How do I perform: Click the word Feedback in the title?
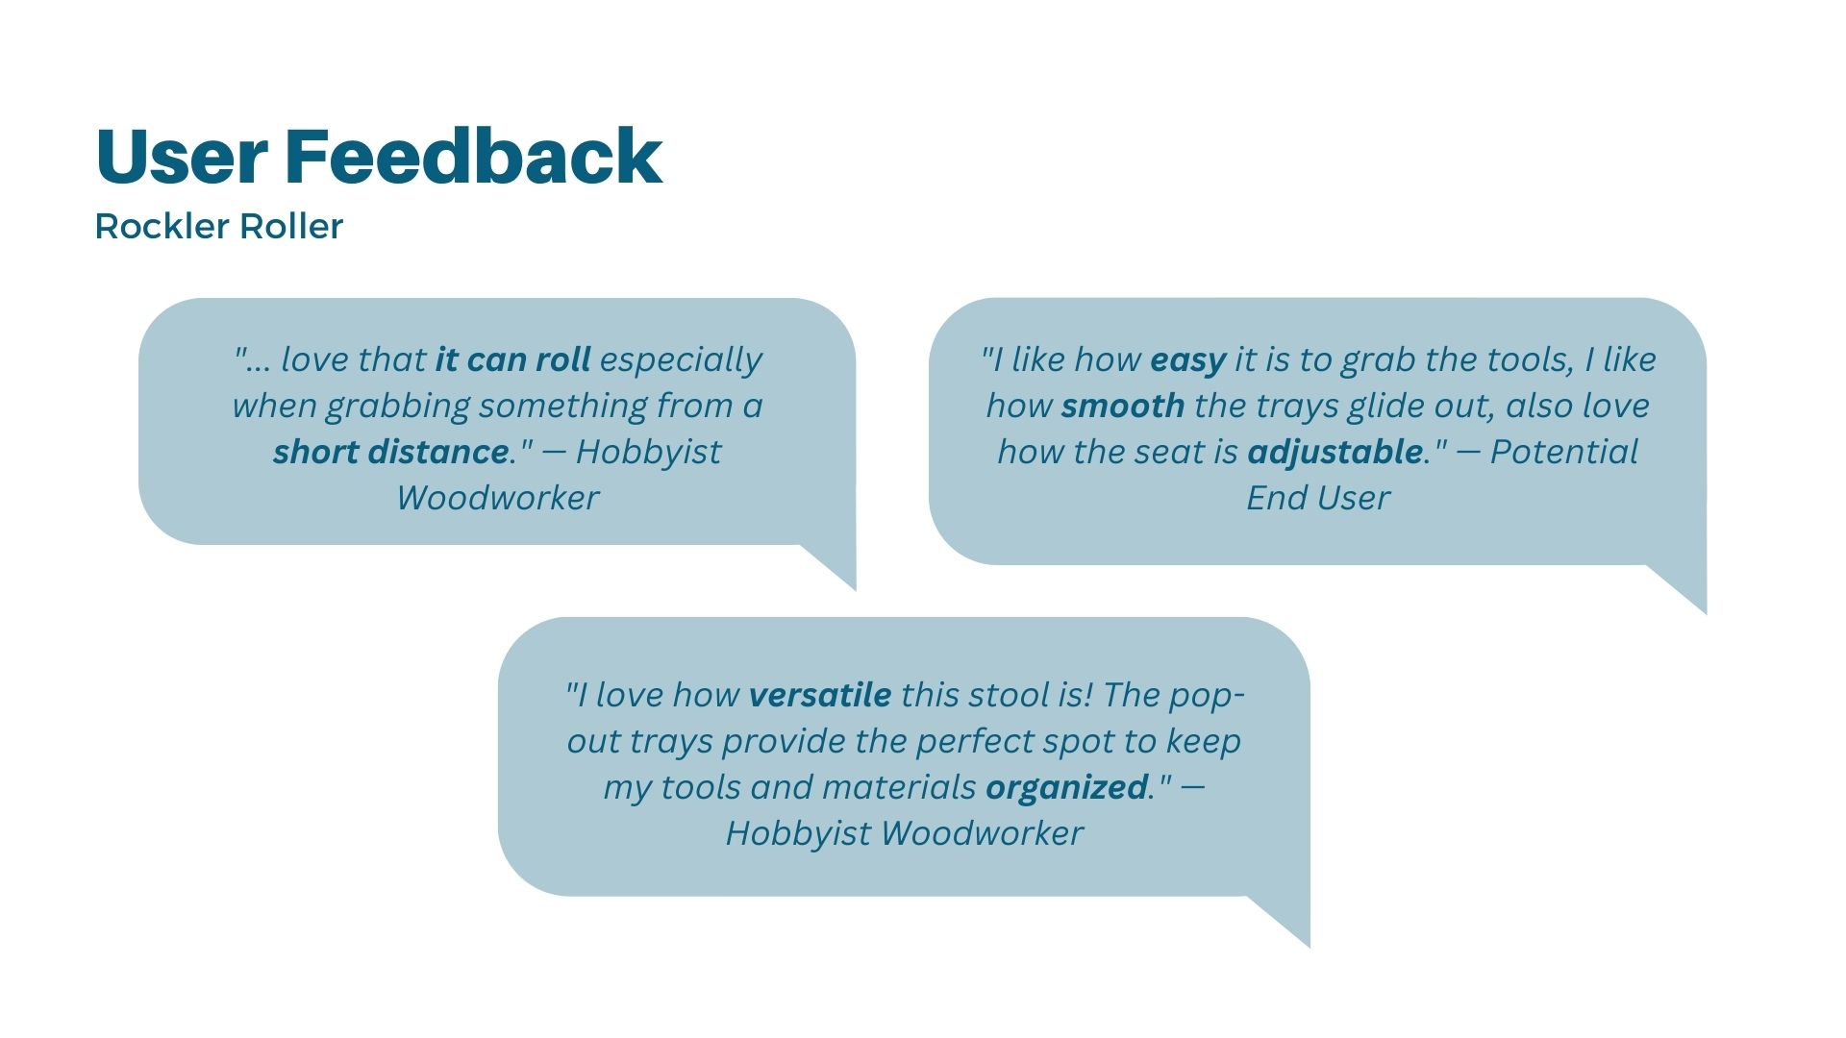(x=473, y=156)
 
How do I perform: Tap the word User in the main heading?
(x=182, y=156)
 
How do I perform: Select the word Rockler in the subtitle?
(x=162, y=227)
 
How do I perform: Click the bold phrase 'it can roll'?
(x=512, y=359)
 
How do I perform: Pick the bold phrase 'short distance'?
(x=390, y=452)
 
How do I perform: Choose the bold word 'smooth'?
(x=1123, y=406)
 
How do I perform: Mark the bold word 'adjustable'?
(x=1335, y=453)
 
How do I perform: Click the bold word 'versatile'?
(x=820, y=695)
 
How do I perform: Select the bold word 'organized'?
(x=1067, y=788)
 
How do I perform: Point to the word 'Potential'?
(x=1564, y=452)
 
